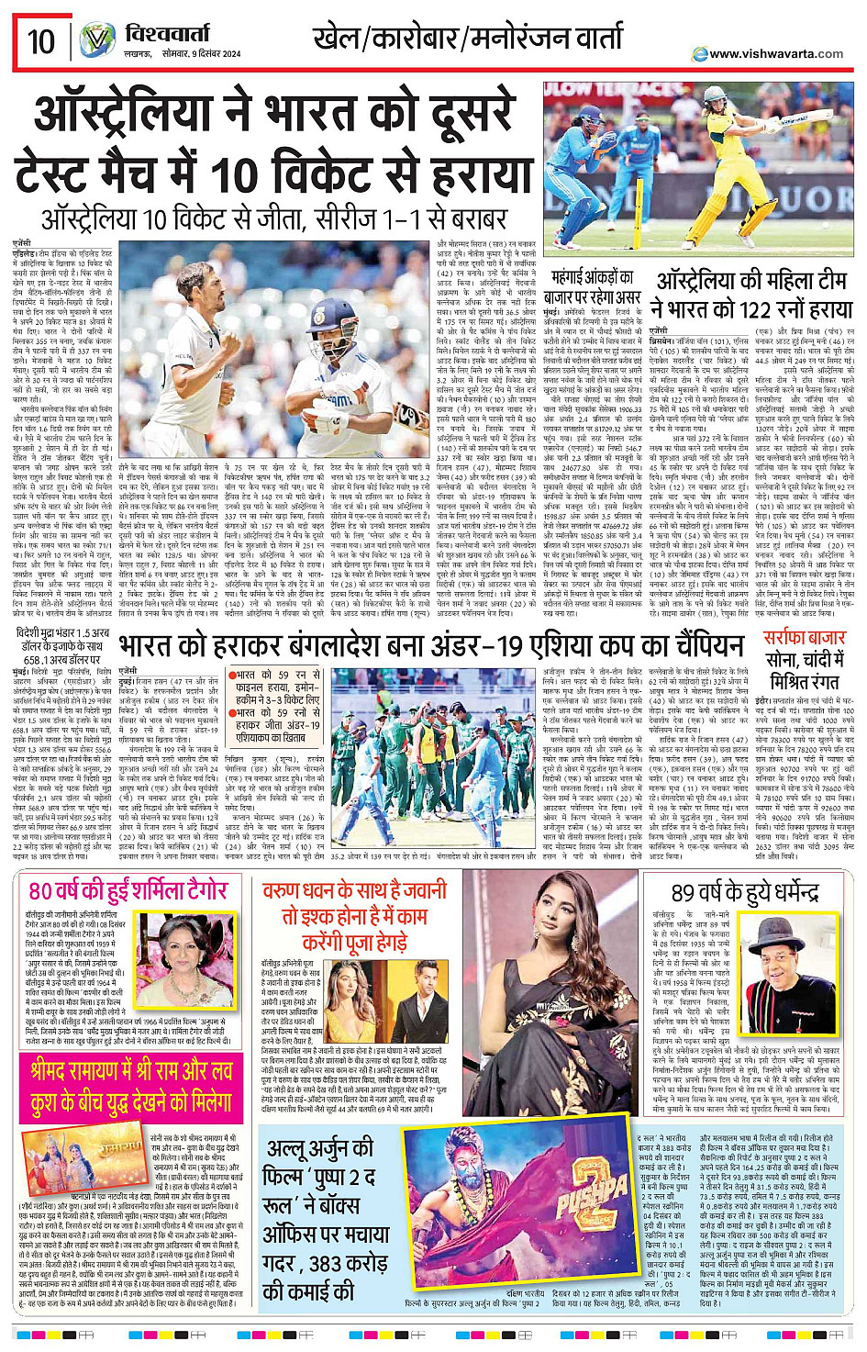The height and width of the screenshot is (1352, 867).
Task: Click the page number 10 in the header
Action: point(40,40)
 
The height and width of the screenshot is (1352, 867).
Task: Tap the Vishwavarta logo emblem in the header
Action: point(96,41)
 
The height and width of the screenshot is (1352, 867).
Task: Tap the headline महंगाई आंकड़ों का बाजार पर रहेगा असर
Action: point(593,286)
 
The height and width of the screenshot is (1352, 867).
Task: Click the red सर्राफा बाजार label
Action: point(804,636)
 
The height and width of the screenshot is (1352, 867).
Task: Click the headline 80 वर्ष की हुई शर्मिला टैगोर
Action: point(128,890)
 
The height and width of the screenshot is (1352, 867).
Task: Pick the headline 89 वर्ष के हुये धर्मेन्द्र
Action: point(744,892)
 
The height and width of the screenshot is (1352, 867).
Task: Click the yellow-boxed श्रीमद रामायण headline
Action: point(130,1088)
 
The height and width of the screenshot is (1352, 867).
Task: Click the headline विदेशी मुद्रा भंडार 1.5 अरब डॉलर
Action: point(62,640)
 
